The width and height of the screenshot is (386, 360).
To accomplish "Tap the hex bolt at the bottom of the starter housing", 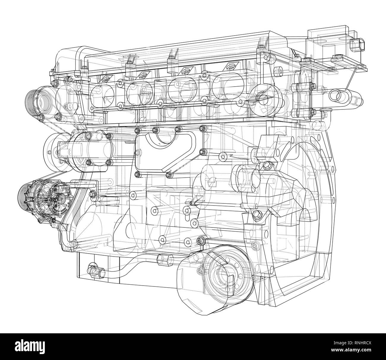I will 256,214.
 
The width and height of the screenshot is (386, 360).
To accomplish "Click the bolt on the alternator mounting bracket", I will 92,193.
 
